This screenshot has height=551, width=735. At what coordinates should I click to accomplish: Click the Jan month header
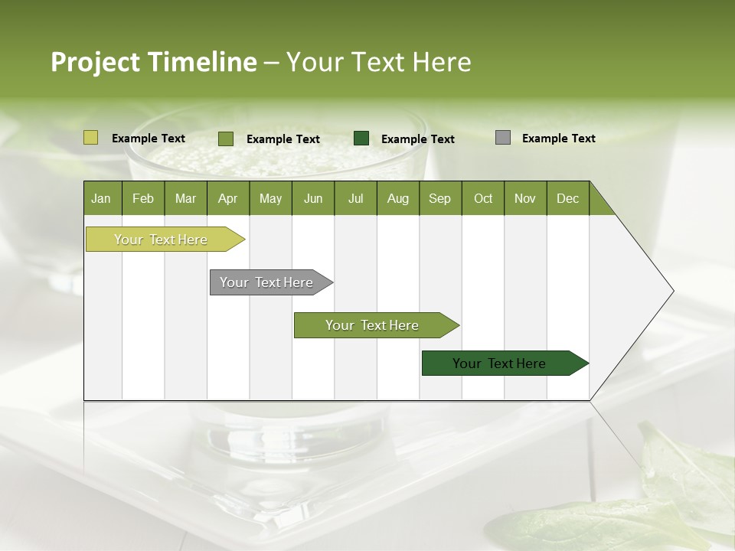[x=101, y=198]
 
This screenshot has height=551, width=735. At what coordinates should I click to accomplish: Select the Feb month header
[x=143, y=198]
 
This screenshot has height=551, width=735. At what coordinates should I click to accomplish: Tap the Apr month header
[x=227, y=198]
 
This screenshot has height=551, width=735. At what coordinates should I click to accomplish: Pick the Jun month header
[x=313, y=198]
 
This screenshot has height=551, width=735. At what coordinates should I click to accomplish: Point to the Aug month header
[x=397, y=198]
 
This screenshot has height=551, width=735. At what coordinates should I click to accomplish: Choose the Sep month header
[x=439, y=198]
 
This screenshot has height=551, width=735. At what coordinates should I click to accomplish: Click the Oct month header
[x=483, y=198]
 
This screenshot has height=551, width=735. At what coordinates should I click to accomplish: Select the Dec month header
[x=567, y=198]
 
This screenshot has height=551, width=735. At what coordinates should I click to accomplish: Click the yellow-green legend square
[x=91, y=138]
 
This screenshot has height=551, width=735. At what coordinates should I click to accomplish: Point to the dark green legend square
[x=361, y=139]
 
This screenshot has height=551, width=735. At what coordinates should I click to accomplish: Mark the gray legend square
[x=503, y=138]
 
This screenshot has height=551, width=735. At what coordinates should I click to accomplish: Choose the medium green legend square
[x=226, y=139]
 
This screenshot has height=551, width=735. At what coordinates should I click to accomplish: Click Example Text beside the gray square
[x=558, y=139]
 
